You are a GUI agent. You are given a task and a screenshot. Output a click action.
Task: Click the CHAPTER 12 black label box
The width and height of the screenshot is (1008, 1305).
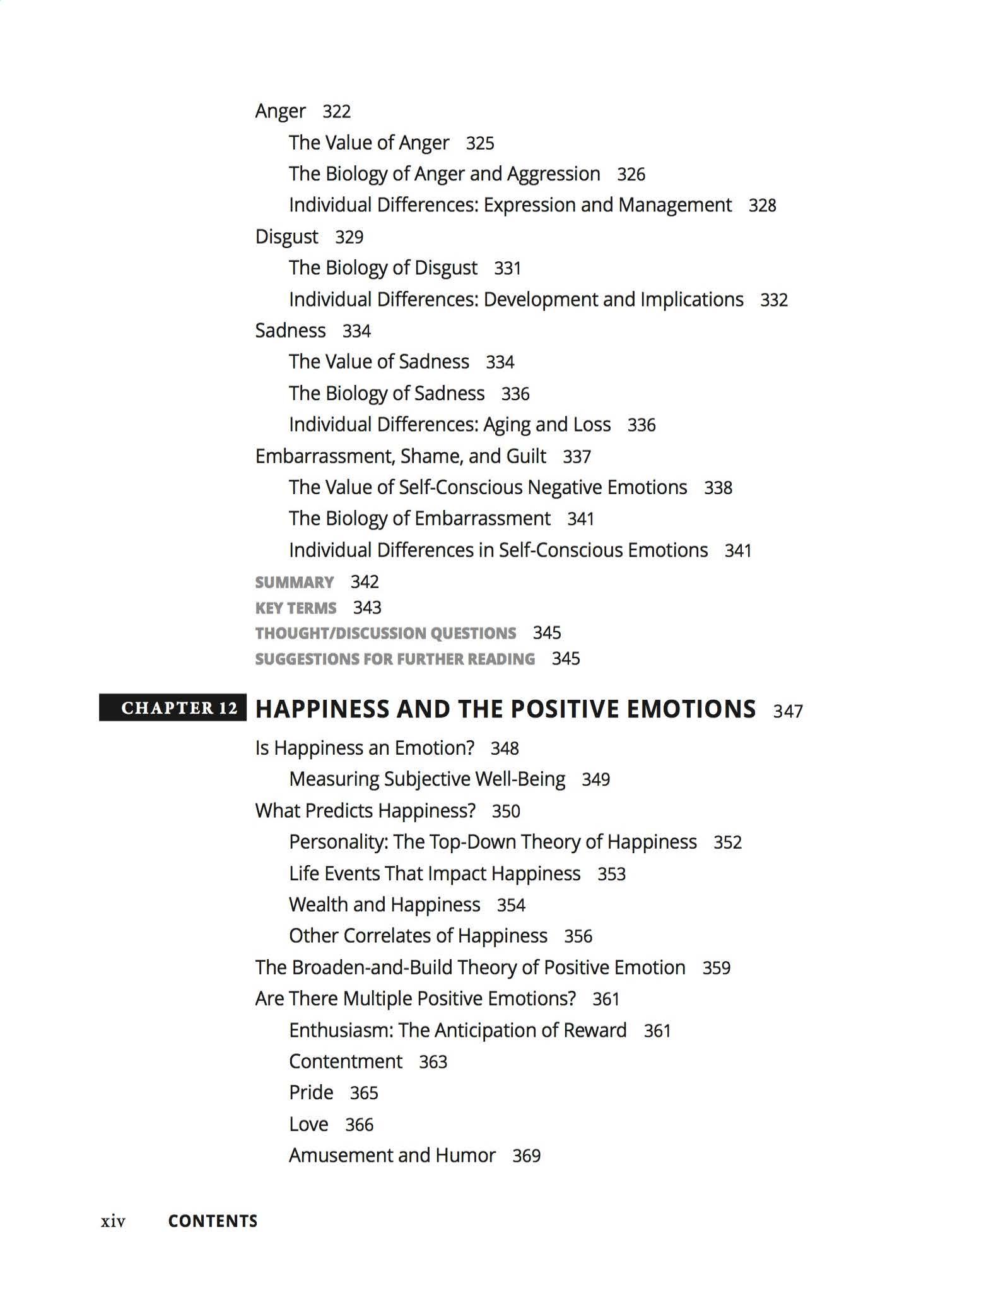pos(172,707)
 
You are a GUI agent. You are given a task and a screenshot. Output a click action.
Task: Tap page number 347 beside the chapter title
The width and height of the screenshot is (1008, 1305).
pos(788,711)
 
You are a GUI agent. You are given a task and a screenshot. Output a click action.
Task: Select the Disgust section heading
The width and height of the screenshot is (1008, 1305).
pos(286,237)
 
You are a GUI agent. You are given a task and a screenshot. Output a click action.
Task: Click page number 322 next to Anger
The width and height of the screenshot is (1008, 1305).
pos(336,112)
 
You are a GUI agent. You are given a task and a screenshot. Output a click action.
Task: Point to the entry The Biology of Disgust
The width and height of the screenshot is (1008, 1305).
pos(383,268)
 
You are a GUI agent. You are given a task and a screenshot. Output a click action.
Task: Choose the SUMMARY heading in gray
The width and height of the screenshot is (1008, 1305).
pos(294,582)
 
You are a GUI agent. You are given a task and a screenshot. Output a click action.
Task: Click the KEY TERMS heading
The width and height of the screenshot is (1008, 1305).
pos(295,608)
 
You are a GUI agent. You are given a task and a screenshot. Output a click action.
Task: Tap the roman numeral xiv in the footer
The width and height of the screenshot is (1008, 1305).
pos(113,1222)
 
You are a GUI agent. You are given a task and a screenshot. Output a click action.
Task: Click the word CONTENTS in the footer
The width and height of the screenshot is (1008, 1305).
pos(213,1221)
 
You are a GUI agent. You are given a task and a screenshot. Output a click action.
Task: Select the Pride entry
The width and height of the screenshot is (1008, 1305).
pos(311,1092)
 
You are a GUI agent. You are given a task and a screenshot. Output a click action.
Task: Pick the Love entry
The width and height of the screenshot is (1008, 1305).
pos(308,1124)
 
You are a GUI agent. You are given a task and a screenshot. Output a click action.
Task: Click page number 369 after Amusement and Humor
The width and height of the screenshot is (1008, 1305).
pos(526,1155)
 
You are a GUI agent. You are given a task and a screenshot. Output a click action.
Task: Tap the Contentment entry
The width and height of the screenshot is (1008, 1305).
pos(345,1061)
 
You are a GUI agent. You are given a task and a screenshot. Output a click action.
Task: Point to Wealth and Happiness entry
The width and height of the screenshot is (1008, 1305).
pos(384,904)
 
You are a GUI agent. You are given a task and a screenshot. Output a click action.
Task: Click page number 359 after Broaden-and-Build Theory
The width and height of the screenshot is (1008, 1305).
pos(716,967)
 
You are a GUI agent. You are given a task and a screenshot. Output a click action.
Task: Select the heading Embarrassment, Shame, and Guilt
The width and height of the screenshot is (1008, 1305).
pos(401,456)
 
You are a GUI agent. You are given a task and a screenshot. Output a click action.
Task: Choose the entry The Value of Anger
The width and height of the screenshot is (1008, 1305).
pos(369,143)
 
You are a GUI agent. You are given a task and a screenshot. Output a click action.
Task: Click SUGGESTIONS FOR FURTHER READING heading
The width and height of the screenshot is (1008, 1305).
pos(395,659)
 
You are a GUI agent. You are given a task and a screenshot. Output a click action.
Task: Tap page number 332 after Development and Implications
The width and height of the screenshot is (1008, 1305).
pos(774,300)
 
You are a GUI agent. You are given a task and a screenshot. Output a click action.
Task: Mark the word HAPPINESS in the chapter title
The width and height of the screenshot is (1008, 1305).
pos(321,709)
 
